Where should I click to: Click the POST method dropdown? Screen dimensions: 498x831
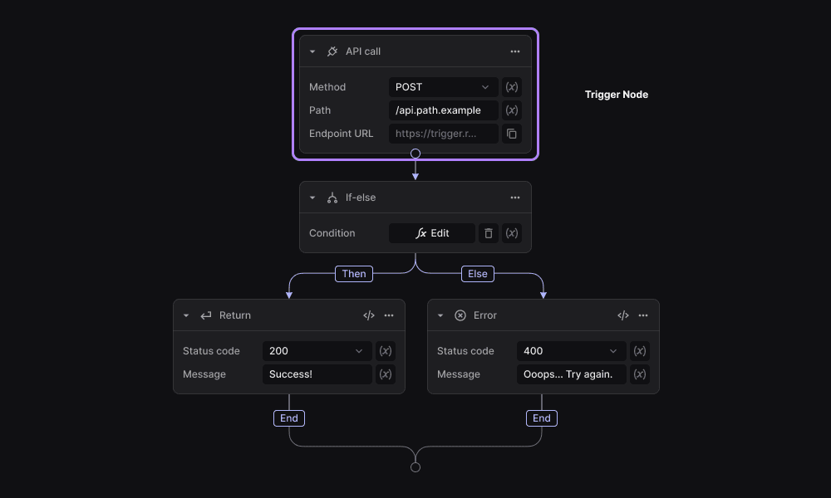coord(443,87)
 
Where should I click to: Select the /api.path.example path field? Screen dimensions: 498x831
coord(443,110)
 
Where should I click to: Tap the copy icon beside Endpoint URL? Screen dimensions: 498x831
coord(512,134)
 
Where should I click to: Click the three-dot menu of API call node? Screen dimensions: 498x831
coord(515,51)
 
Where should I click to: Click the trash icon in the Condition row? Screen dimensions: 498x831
coord(489,233)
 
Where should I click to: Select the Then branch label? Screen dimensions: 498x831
coord(354,274)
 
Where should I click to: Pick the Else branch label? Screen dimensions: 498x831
coord(478,274)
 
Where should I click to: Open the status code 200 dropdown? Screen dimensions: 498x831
coord(317,351)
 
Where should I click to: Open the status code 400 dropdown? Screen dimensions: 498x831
coord(571,351)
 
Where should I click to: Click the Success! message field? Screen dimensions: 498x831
coord(317,374)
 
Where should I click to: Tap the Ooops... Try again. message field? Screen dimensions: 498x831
coord(571,374)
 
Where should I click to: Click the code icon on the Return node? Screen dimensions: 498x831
coord(369,315)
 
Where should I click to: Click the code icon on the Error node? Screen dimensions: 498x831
coord(623,315)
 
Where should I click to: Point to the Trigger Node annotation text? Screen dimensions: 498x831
coord(616,95)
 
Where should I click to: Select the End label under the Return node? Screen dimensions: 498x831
coord(289,418)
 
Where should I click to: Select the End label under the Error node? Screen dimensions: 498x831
coord(542,418)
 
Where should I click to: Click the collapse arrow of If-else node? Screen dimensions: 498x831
coord(312,198)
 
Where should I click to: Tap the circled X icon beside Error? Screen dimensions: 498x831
coord(460,315)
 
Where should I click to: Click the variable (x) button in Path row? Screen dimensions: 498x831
coord(512,110)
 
